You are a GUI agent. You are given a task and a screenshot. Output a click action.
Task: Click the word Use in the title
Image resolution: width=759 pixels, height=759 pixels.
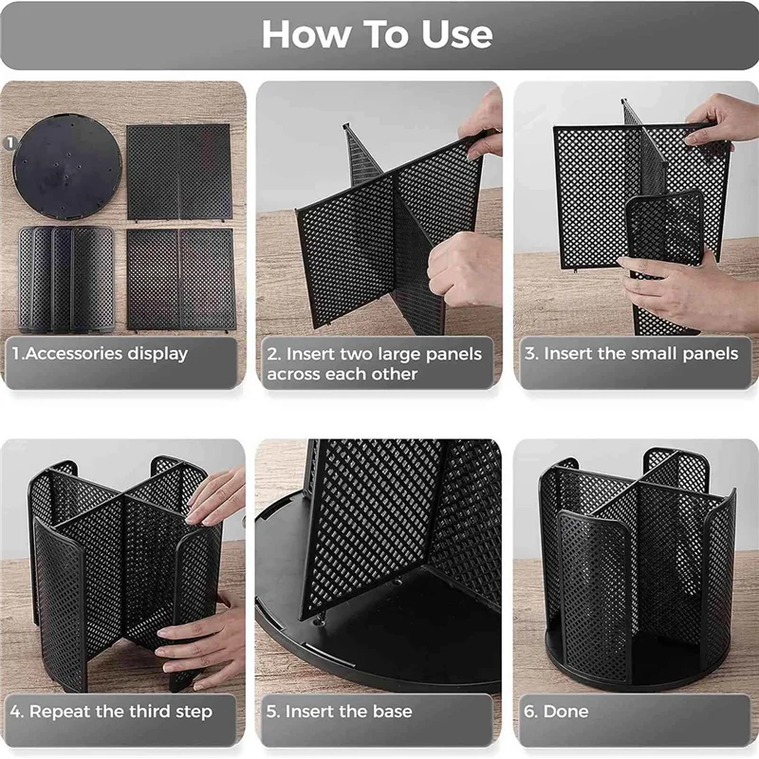coord(457,35)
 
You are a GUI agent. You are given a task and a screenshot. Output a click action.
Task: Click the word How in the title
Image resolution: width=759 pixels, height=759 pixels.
coord(306,35)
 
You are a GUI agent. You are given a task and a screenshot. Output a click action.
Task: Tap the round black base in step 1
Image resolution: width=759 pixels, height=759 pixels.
coord(67,167)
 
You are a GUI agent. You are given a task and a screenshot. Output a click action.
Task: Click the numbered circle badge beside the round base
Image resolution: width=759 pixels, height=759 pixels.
coord(10,142)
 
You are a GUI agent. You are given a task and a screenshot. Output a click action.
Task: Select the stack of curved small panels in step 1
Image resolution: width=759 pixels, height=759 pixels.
coord(66,279)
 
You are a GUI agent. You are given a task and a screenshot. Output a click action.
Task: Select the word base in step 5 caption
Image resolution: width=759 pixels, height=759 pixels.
coord(392,711)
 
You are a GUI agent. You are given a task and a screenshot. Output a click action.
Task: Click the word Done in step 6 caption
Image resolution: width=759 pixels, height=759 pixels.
coord(565,711)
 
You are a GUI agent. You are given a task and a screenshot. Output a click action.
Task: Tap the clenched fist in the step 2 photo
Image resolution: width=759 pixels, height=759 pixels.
coord(464,270)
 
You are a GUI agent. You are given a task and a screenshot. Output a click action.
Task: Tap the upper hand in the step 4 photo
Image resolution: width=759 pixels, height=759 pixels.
coord(216,496)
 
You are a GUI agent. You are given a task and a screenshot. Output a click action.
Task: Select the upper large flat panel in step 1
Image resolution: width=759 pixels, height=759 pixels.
coord(179,173)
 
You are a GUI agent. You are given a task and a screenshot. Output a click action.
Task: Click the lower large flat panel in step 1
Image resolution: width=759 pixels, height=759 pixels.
coord(181,280)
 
